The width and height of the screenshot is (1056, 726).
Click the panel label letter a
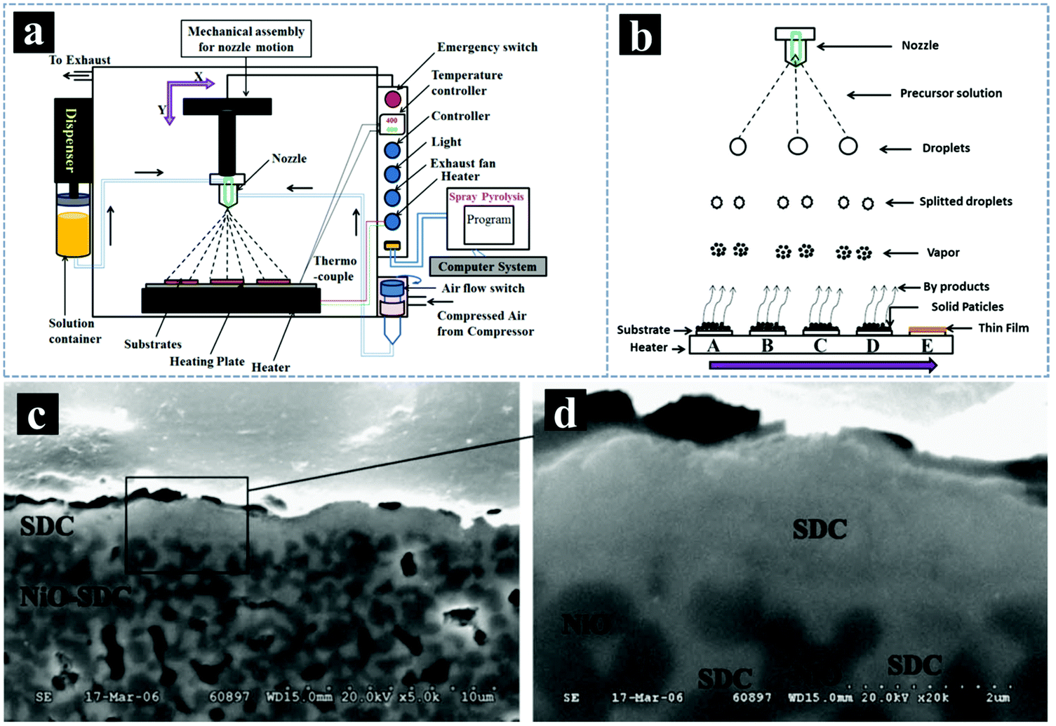pyautogui.click(x=34, y=34)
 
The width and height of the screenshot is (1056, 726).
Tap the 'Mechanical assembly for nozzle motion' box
pyautogui.click(x=246, y=39)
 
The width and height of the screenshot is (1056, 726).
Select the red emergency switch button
pyautogui.click(x=393, y=99)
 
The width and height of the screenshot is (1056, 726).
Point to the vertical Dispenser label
pyautogui.click(x=71, y=140)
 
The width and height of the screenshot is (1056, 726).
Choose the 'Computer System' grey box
pyautogui.click(x=487, y=267)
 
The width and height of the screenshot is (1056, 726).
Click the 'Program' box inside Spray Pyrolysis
pyautogui.click(x=488, y=220)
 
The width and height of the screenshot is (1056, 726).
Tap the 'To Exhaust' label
pyautogui.click(x=79, y=60)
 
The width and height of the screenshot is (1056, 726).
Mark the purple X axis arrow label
pyautogui.click(x=199, y=77)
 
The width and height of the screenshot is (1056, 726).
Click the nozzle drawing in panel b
pyautogui.click(x=795, y=46)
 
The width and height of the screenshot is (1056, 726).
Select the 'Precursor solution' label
pyautogui.click(x=951, y=93)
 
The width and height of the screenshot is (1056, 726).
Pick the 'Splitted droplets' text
pyautogui.click(x=965, y=201)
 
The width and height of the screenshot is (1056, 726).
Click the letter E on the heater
pyautogui.click(x=926, y=346)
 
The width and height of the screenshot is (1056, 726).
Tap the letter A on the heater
pyautogui.click(x=713, y=346)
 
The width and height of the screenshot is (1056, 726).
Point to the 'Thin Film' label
pyautogui.click(x=1003, y=328)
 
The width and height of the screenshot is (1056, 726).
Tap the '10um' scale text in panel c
pyautogui.click(x=476, y=697)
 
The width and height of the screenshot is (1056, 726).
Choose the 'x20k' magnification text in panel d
pyautogui.click(x=934, y=697)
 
